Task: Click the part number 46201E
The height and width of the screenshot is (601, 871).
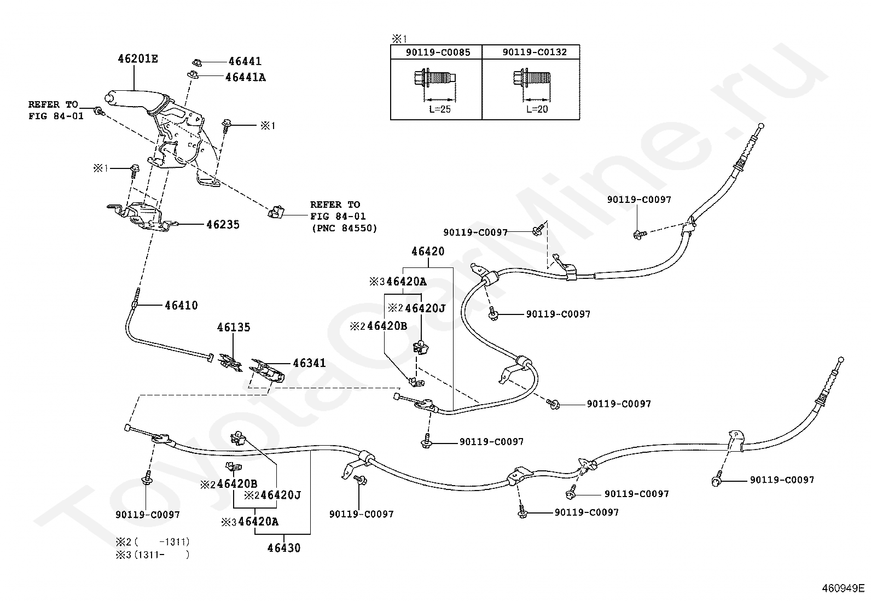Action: pyautogui.click(x=138, y=59)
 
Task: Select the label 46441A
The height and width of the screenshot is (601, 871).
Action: pyautogui.click(x=246, y=77)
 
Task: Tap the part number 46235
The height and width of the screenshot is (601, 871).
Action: pyautogui.click(x=223, y=224)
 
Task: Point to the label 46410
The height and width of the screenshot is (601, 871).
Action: pyautogui.click(x=181, y=305)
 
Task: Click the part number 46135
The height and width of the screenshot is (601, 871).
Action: pyautogui.click(x=233, y=327)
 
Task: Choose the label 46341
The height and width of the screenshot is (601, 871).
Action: pyautogui.click(x=309, y=363)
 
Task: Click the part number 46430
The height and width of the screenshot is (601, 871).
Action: pyautogui.click(x=284, y=548)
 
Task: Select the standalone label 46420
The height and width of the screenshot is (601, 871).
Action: pyautogui.click(x=428, y=251)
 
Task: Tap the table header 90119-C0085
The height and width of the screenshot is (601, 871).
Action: pyautogui.click(x=438, y=52)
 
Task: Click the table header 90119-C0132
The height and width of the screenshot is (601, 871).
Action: pyautogui.click(x=535, y=52)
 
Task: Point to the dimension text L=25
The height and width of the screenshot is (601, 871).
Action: pyautogui.click(x=440, y=109)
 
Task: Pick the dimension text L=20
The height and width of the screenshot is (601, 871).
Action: pyautogui.click(x=537, y=109)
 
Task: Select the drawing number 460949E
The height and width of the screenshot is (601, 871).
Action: pyautogui.click(x=843, y=588)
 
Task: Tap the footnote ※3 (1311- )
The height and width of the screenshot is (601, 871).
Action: pyautogui.click(x=153, y=555)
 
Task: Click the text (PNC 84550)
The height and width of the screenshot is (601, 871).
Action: pyautogui.click(x=344, y=228)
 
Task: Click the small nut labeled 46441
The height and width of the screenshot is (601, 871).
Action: pyautogui.click(x=197, y=62)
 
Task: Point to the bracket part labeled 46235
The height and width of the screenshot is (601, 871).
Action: pyautogui.click(x=142, y=217)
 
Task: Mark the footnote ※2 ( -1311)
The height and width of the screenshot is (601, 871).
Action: pyautogui.click(x=153, y=541)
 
